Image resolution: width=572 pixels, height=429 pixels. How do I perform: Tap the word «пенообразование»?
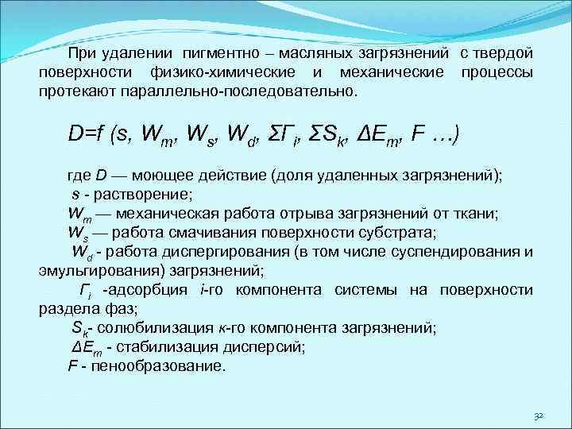coord(158,366)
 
